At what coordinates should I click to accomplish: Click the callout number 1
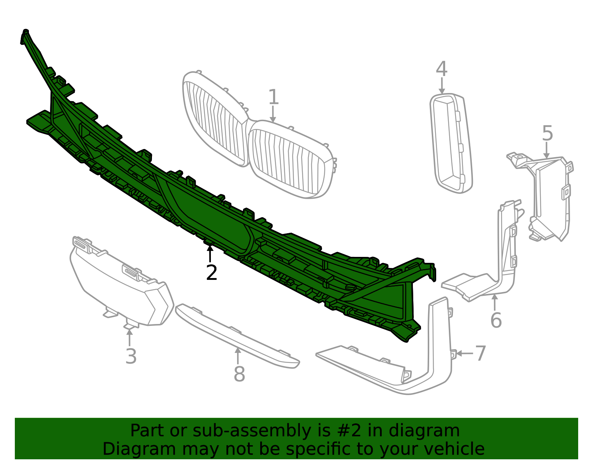click(274, 97)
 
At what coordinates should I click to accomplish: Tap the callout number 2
click(212, 272)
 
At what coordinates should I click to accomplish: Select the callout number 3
click(131, 356)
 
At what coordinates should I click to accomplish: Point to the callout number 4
click(441, 69)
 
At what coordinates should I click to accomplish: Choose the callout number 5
click(547, 133)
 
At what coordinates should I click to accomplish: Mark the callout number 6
click(496, 320)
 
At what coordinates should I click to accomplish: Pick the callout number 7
click(480, 353)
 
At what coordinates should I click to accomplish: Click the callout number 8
click(239, 374)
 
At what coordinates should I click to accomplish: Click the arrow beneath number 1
click(273, 114)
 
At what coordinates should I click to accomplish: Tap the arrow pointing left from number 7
click(465, 353)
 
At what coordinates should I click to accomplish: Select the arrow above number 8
click(238, 356)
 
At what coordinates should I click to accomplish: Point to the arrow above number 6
click(495, 302)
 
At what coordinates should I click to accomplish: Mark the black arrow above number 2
click(210, 254)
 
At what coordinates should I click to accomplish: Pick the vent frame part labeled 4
click(451, 143)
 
